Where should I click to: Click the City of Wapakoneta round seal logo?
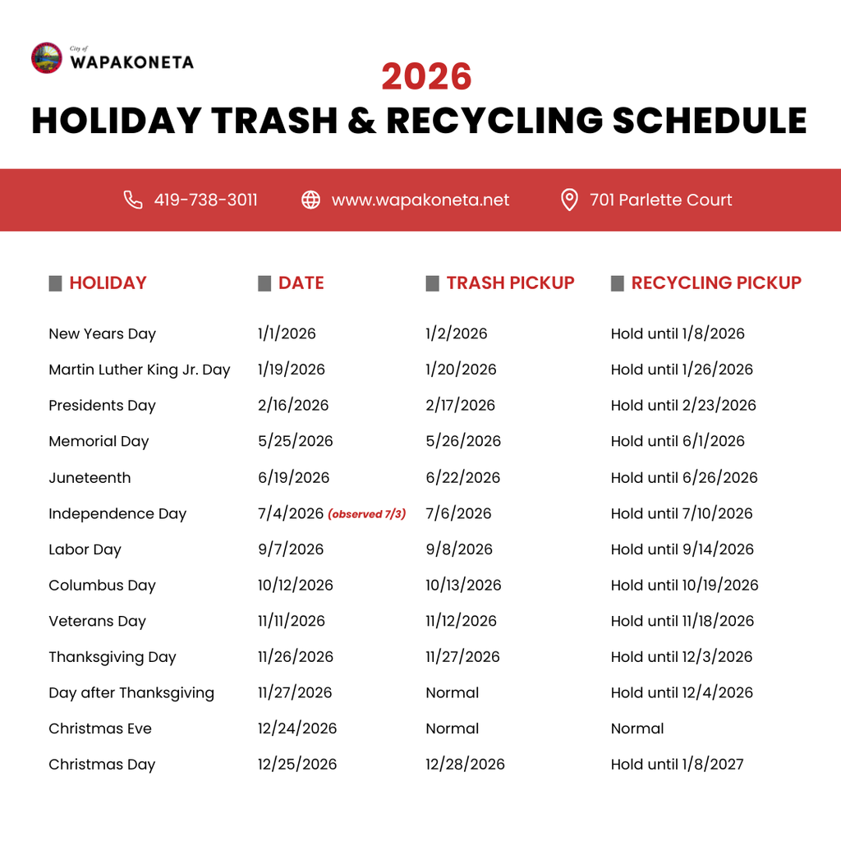46,58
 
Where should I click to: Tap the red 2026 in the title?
426,77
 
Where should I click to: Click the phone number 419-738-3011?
205,200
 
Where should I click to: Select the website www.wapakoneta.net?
420,200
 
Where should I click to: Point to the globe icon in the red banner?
310,200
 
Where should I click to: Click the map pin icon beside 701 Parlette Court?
568,200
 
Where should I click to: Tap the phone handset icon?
133,200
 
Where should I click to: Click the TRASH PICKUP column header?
510,283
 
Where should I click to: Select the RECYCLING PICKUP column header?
715,283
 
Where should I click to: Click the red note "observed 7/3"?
366,515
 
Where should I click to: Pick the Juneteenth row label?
90,478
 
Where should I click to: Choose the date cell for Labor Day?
291,549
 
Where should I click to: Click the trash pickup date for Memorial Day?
463,442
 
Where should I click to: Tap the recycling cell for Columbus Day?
684,586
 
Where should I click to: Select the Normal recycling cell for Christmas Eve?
637,729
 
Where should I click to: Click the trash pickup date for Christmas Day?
465,765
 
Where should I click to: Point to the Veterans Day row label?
97,622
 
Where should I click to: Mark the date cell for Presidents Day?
293,406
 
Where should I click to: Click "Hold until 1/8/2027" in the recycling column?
677,765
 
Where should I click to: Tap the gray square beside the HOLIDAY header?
56,283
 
